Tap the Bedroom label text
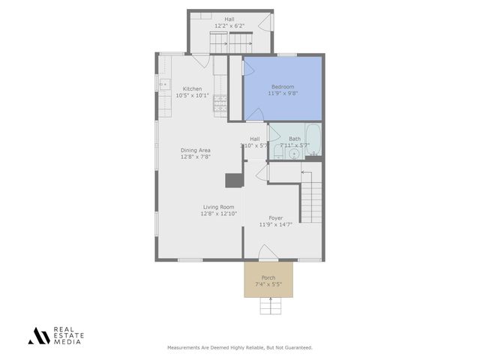coord(283,87)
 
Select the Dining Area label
coord(195,150)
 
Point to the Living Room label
coord(218,207)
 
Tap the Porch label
coord(268,277)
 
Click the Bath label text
coord(295,139)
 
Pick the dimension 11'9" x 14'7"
coord(276,224)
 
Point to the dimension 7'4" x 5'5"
coord(268,284)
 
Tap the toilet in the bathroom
coord(277,154)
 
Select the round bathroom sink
coord(295,154)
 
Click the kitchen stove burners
coord(220,104)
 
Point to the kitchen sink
coord(162,84)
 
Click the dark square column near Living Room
coord(234,180)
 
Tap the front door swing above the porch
coord(268,253)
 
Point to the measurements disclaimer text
coord(239,347)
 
